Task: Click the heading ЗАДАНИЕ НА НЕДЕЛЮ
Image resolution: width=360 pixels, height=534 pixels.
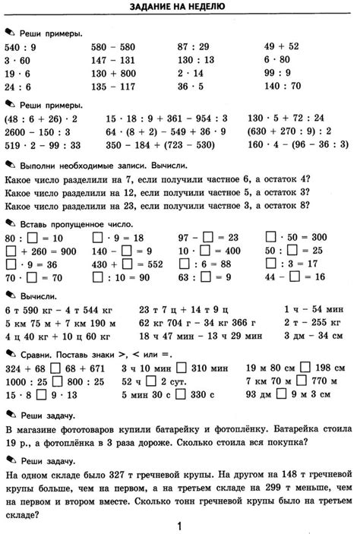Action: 179,8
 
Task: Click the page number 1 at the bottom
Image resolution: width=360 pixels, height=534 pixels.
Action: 179,525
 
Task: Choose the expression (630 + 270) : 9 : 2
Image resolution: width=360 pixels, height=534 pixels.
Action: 289,131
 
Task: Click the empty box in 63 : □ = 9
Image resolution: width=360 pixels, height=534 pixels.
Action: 204,278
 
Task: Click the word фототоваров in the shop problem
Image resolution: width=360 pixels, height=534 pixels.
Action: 84,428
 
